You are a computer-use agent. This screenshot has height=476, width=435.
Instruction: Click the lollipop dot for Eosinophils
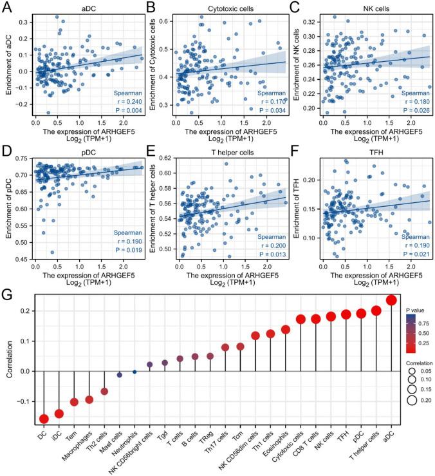pos(286,330)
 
